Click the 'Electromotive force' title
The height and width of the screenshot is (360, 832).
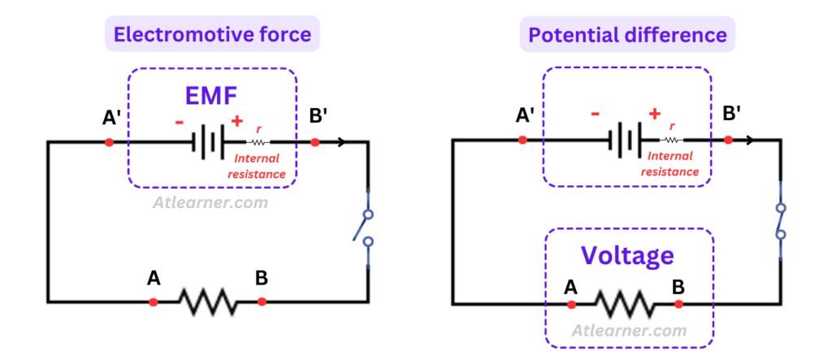coord(212,34)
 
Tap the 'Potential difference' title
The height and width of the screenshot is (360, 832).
coord(627,34)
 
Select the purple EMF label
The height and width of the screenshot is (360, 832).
coord(210,96)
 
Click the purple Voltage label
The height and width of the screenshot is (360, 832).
coord(627,255)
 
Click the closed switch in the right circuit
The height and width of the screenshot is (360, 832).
coord(781,220)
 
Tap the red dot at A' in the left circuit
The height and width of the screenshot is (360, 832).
coord(109,142)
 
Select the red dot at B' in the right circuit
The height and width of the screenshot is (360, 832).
coord(728,140)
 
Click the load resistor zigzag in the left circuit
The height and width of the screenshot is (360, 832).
coord(207,301)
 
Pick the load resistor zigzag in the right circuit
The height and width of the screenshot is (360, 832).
coord(625,304)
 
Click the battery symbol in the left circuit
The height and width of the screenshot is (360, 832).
coord(208,142)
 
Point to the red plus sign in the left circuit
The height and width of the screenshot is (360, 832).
coord(236,121)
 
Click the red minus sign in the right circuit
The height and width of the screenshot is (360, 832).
coord(596,114)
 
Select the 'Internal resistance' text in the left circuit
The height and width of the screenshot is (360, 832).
coord(260,167)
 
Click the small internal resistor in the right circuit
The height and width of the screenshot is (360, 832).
coord(671,140)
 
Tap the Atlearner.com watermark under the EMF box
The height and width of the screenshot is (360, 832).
coord(211,202)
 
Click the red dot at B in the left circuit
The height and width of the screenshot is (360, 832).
coord(262,301)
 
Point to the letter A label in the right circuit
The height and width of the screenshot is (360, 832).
coord(570,287)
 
